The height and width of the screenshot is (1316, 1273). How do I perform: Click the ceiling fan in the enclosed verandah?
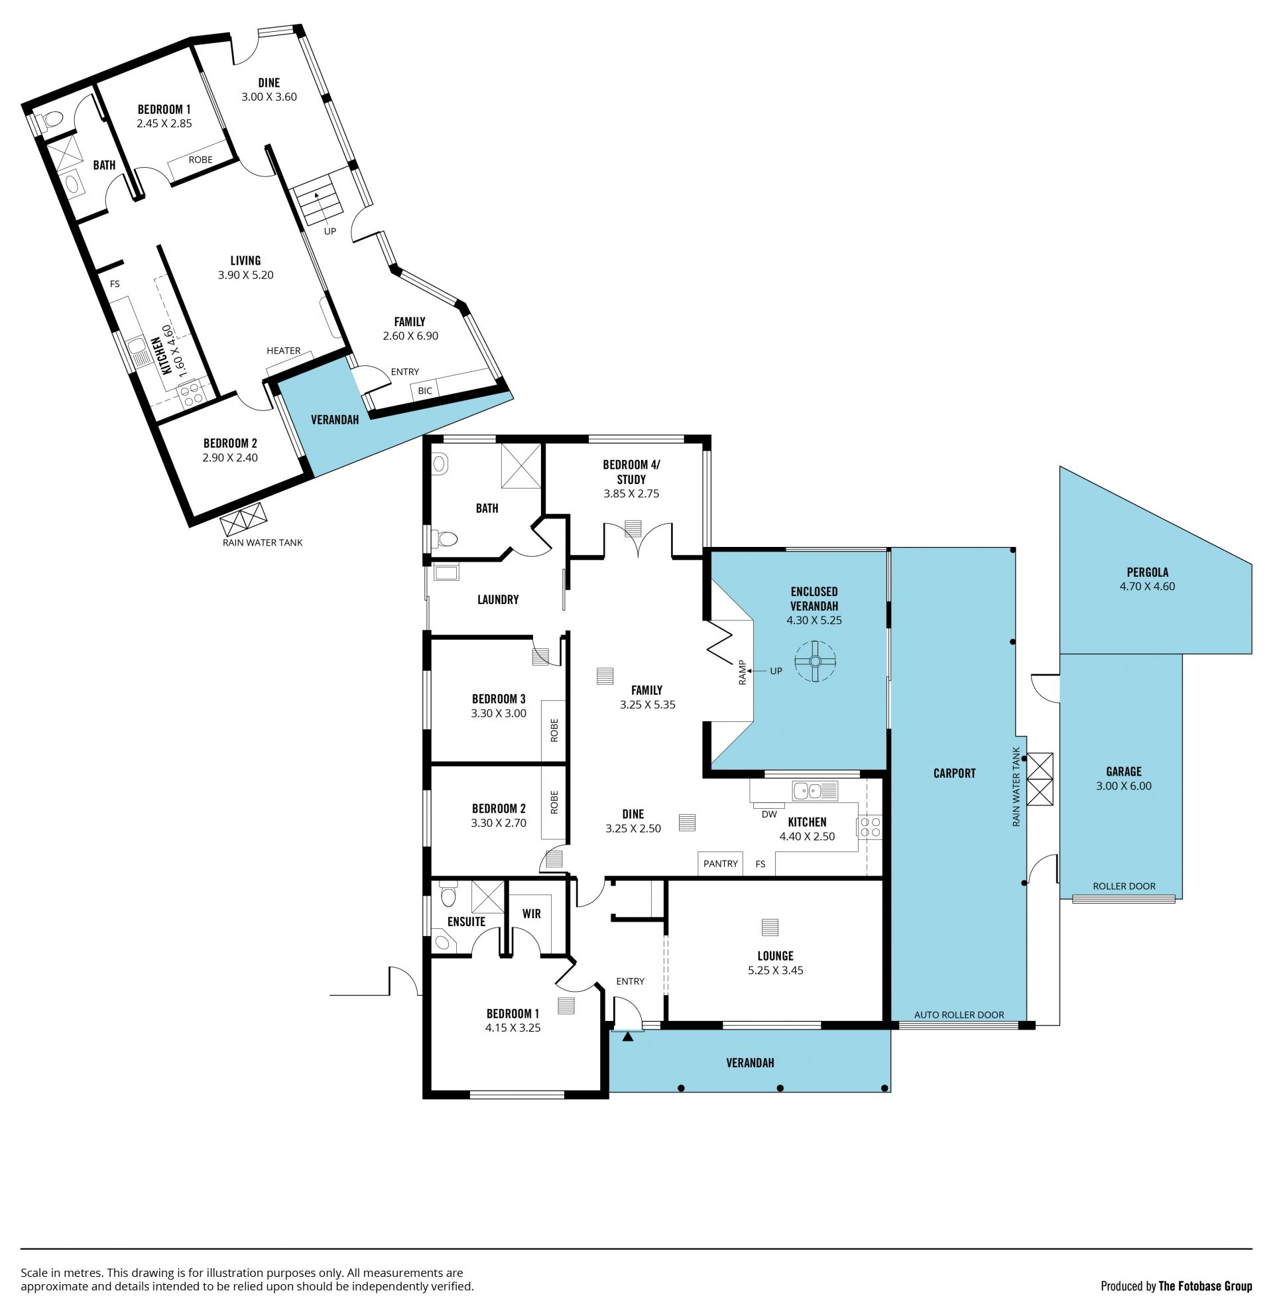coord(814,662)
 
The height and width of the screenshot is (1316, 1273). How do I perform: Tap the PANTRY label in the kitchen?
coord(721,863)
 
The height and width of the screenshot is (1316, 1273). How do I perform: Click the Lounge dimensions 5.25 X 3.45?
coord(776,970)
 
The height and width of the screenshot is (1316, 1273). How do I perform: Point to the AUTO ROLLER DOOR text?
coord(959,1014)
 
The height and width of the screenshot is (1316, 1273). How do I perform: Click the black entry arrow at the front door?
coord(628,1037)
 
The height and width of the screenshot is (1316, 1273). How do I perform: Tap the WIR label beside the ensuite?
coord(531,913)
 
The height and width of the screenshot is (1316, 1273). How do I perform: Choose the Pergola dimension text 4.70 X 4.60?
coord(1147,586)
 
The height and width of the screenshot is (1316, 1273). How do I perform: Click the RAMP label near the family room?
coord(743,672)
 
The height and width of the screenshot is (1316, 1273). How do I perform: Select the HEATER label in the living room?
coord(283,351)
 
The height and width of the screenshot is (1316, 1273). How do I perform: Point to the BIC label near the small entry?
coord(425,390)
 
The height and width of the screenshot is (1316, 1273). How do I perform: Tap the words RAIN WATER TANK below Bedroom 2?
coord(263,542)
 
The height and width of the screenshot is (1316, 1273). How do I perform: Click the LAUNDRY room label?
coord(497,599)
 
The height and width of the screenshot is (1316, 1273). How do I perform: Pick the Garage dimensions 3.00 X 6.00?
coord(1123,786)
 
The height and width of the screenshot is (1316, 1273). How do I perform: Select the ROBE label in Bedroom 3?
coord(554,730)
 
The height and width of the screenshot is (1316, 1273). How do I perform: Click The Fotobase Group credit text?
coord(1205,1286)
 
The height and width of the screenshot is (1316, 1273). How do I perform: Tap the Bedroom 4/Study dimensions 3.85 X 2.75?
coord(631,493)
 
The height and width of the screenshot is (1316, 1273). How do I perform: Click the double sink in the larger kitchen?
coord(814,791)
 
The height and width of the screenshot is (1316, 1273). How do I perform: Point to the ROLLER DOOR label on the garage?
coord(1124,886)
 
